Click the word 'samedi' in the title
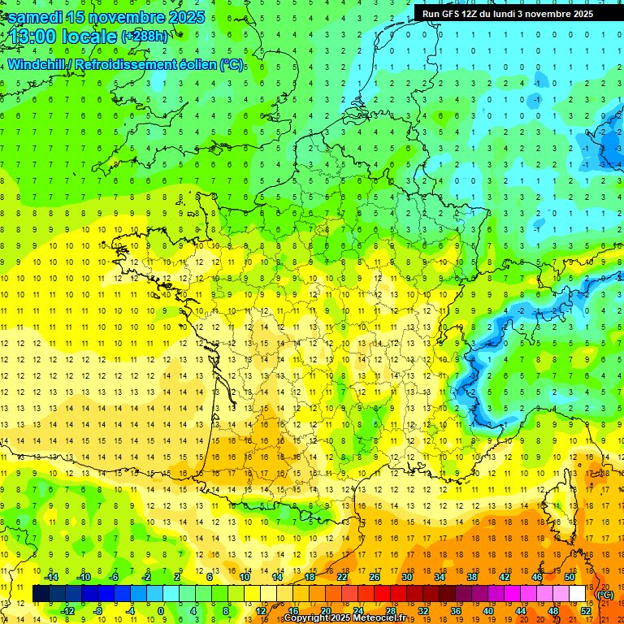[x=35, y=17]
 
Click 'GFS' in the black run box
[x=453, y=14]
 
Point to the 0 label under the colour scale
[x=161, y=611]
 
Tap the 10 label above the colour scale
[x=245, y=577]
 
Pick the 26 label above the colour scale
[x=375, y=577]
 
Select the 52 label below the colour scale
[x=585, y=611]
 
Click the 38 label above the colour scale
[x=472, y=577]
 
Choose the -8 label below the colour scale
[x=97, y=611]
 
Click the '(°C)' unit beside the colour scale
[x=605, y=595]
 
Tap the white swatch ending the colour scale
[x=578, y=594]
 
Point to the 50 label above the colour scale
[x=570, y=577]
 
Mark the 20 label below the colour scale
[x=325, y=611]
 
